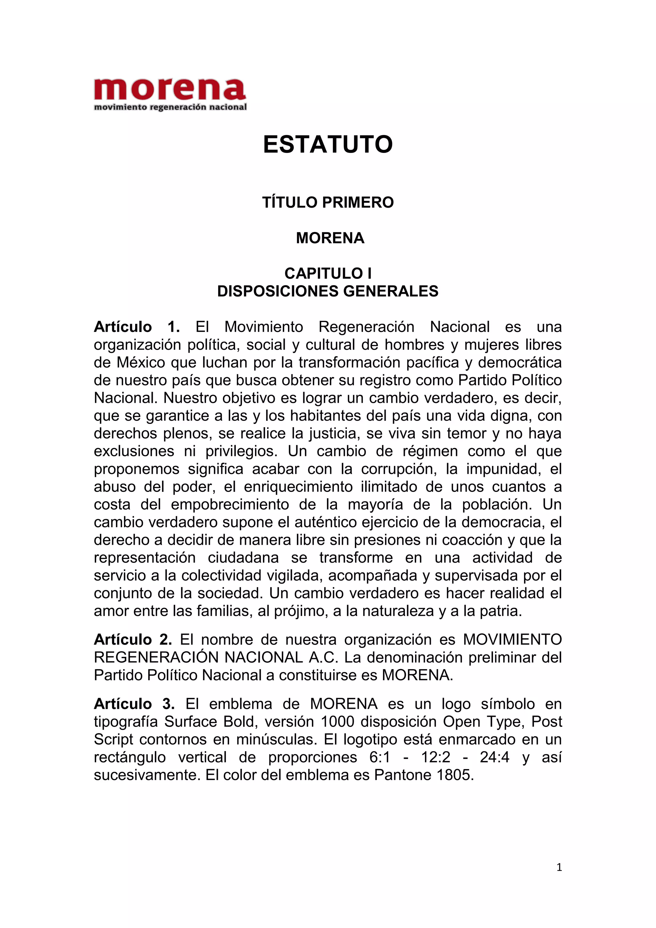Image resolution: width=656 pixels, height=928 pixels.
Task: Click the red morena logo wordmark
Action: [x=170, y=89]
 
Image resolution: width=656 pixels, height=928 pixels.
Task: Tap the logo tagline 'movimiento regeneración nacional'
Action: [x=170, y=107]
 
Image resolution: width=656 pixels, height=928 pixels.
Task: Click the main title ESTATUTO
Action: [x=328, y=144]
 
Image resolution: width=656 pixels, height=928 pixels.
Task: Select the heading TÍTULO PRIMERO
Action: [x=328, y=203]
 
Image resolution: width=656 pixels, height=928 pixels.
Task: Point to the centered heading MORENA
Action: [x=330, y=238]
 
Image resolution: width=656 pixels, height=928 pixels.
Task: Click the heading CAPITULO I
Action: [x=328, y=274]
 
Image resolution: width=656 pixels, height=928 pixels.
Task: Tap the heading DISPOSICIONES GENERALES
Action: [x=328, y=291]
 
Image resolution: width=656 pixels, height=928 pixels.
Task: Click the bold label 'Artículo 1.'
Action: [x=136, y=327]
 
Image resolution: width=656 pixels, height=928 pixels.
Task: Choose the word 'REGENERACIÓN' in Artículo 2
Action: [x=156, y=658]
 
